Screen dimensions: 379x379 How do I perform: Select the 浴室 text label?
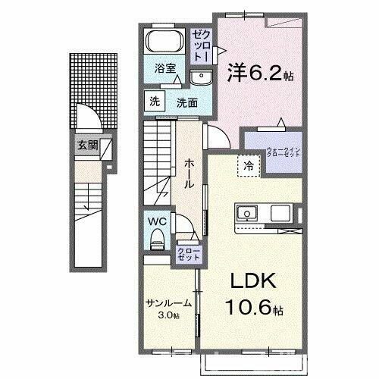click(x=164, y=67)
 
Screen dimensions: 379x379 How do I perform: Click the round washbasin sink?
click(x=202, y=77)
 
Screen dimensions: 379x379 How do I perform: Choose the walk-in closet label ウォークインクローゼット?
click(x=284, y=152)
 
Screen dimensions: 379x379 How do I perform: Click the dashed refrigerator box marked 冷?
click(x=247, y=164)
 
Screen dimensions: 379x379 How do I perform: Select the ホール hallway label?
click(x=189, y=167)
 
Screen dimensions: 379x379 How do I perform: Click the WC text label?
click(x=156, y=221)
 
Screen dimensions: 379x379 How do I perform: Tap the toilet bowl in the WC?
click(x=157, y=241)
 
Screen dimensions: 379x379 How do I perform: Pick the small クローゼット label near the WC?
click(x=188, y=253)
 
